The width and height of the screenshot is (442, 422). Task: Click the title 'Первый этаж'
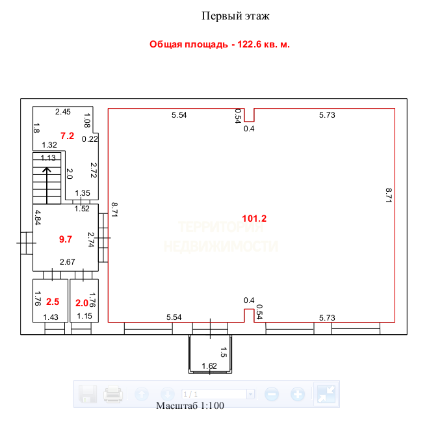pos(235,16)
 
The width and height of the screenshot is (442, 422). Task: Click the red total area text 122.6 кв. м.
pos(220,45)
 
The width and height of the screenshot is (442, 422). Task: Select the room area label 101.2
pos(253,218)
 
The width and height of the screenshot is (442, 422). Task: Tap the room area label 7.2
pos(68,136)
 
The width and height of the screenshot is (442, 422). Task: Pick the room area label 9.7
pos(66,239)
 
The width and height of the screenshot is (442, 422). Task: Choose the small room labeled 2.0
pos(82,303)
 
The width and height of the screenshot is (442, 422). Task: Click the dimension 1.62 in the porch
pos(209,366)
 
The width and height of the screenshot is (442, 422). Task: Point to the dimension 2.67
pos(68,262)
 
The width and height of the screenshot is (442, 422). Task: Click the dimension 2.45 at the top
pos(62,112)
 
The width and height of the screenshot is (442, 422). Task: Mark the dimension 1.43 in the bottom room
pos(50,317)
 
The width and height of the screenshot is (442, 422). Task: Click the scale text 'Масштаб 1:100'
pos(190,406)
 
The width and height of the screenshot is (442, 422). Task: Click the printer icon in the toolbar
pos(113,394)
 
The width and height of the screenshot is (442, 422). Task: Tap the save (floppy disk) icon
pos(88,394)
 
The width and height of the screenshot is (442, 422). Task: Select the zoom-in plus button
pos(298,394)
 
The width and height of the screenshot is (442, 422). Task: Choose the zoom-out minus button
pos(272,394)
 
